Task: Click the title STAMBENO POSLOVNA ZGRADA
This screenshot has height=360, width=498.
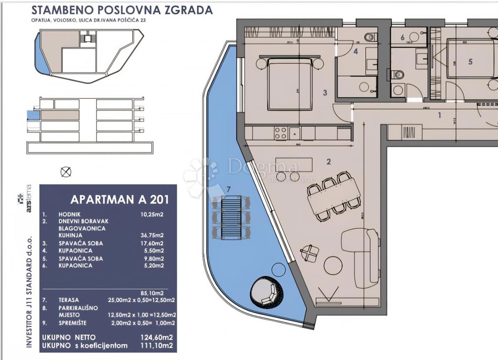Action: click(x=122, y=10)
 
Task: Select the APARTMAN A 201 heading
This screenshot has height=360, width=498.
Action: click(x=120, y=199)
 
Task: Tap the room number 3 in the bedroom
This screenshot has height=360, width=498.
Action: click(x=325, y=93)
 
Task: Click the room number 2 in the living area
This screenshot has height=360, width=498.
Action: click(x=329, y=162)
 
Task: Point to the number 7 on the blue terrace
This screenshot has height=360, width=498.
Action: click(x=228, y=189)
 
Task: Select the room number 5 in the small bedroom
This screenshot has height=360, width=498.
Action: click(x=470, y=62)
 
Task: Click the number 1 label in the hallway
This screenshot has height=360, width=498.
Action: click(x=440, y=116)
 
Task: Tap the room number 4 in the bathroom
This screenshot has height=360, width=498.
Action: click(x=355, y=52)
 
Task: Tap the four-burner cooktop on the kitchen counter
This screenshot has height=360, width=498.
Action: click(x=281, y=133)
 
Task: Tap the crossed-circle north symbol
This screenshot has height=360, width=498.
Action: click(x=66, y=171)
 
